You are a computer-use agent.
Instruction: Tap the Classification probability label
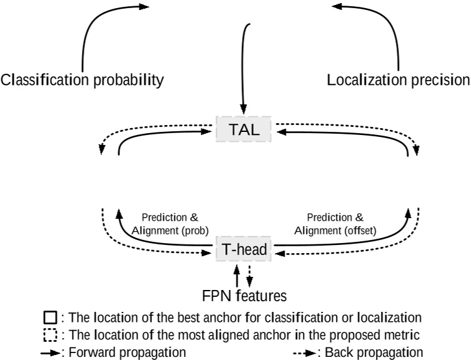(83, 80)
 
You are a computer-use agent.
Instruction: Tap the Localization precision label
(398, 80)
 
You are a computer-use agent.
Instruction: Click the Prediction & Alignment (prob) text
(170, 224)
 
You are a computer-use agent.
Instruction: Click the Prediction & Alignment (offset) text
(335, 224)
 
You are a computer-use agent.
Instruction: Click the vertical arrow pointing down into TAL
(243, 69)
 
